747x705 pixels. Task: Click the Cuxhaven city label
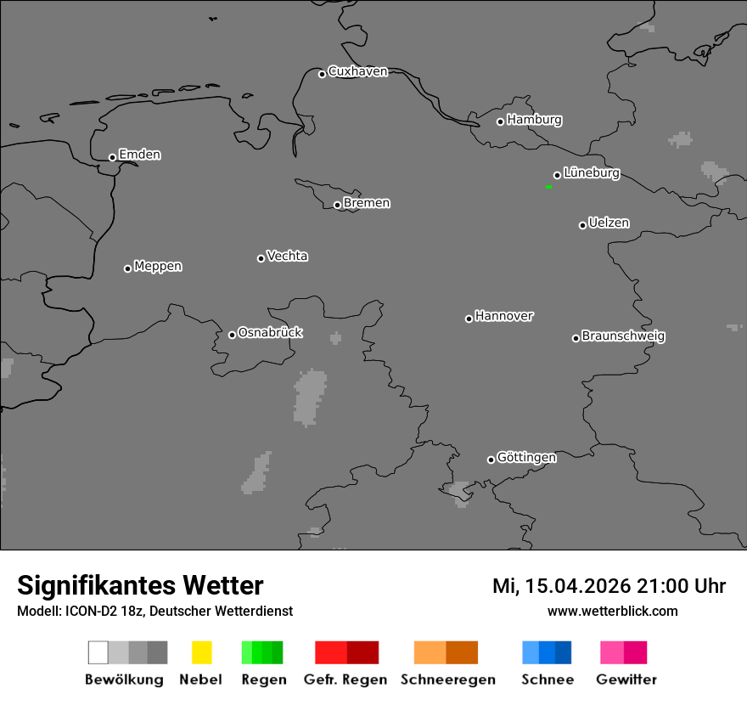point(357,72)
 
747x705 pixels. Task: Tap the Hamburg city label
point(534,120)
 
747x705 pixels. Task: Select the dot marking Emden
point(112,157)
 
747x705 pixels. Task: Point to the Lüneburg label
point(591,173)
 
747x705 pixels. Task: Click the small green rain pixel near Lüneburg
point(549,186)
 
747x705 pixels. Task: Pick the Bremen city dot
point(337,205)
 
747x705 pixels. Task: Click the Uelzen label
point(609,223)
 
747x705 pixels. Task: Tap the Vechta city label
point(287,257)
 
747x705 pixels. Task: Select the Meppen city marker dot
point(127,268)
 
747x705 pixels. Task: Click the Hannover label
point(504,317)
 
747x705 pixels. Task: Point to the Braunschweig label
point(623,336)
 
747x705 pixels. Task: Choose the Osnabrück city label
point(270,333)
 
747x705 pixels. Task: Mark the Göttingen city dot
point(491,460)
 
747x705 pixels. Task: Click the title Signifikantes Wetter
point(140,585)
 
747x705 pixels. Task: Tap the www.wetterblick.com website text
point(612,611)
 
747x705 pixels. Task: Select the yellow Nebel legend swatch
point(201,652)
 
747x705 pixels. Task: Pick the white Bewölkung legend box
point(98,652)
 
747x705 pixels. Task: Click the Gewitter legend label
point(626,680)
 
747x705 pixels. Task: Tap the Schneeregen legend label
point(448,680)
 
